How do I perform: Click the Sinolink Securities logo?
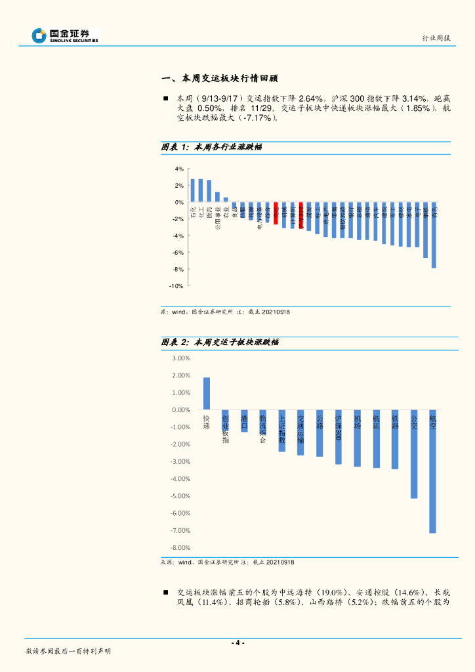tap(65, 35)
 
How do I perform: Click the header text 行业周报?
tap(436, 38)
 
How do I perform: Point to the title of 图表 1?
tap(212, 147)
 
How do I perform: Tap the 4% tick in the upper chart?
tap(179, 169)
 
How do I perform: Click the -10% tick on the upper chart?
tap(177, 286)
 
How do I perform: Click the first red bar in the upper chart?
tap(276, 214)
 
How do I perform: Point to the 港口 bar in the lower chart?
tap(244, 421)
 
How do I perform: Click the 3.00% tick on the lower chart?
tap(180, 358)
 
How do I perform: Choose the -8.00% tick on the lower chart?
tap(179, 548)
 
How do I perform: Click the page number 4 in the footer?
tap(238, 642)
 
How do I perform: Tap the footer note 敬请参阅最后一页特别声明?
tap(68, 651)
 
